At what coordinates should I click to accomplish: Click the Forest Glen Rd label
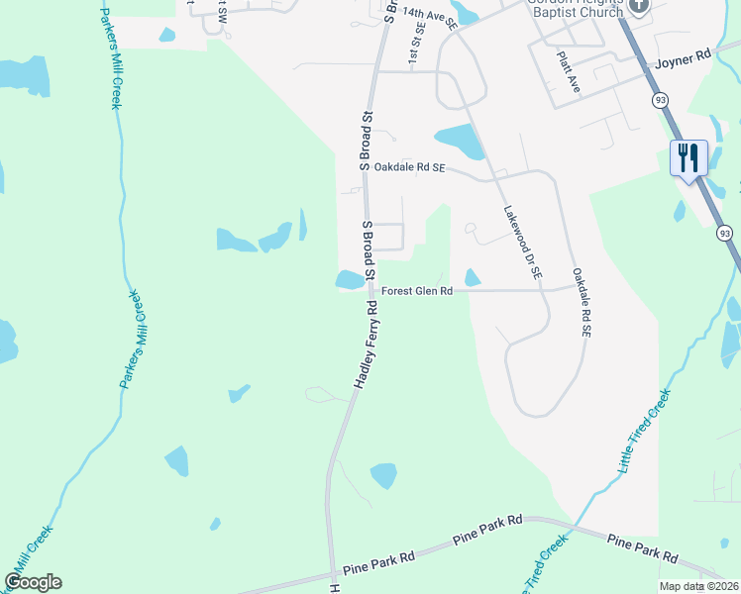417,291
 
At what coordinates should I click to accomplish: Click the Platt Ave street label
569,72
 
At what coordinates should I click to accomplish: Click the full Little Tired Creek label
645,429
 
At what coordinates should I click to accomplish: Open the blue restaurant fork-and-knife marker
689,157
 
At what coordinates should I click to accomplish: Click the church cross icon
639,7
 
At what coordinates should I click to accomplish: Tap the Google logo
33,582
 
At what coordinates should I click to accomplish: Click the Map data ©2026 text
698,586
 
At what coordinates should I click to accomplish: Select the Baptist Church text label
574,12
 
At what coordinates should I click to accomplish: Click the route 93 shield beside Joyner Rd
659,100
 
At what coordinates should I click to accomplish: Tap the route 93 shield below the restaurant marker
726,233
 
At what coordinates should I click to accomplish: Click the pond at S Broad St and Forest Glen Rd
350,280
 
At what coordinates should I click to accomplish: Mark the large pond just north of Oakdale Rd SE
460,141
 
